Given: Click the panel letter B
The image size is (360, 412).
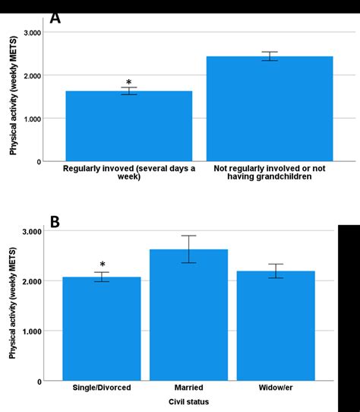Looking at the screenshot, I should pyautogui.click(x=55, y=222).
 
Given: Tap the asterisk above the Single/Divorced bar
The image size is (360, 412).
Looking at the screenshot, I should pyautogui.click(x=102, y=265).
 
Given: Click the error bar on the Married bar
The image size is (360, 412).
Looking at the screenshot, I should pyautogui.click(x=188, y=249).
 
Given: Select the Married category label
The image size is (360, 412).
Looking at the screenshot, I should pyautogui.click(x=188, y=388).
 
